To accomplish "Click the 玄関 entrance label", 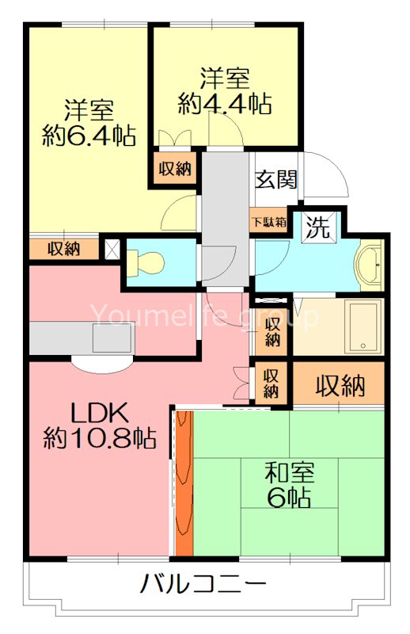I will point(276,179).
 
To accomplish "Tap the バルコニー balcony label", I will point(203,586).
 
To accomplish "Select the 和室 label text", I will point(289,473).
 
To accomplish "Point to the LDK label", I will point(95,412).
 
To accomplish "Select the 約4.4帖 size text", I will point(225,103).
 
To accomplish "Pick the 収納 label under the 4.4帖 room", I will point(174,168).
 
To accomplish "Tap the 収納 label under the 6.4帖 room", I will point(63,249).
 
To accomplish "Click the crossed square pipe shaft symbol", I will point(112,249).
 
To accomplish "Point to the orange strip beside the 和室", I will point(184,483).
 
